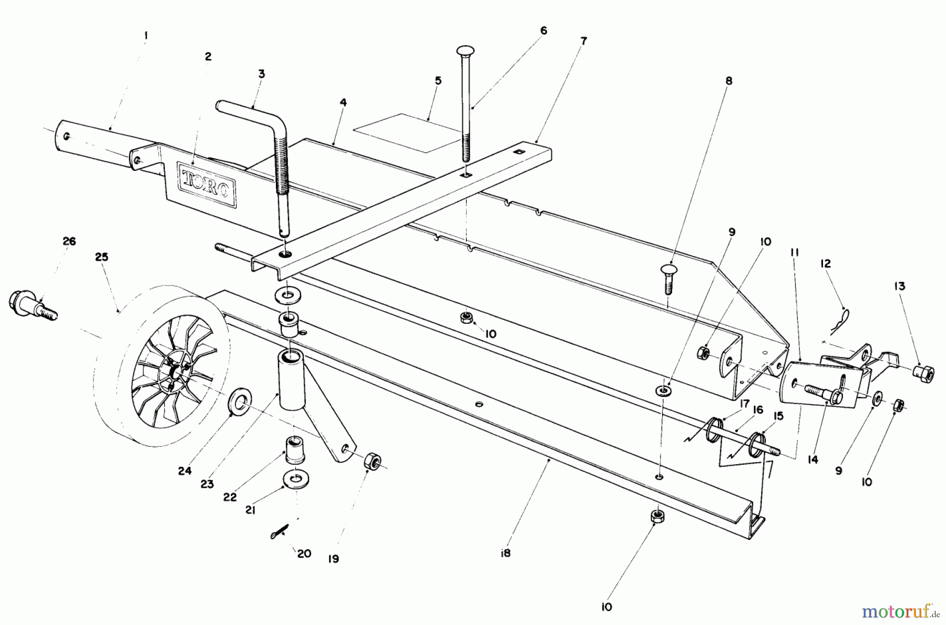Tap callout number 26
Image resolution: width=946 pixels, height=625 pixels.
pyautogui.click(x=69, y=241)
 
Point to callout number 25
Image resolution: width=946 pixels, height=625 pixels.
pyautogui.click(x=101, y=257)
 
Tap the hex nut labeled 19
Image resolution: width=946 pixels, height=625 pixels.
pyautogui.click(x=372, y=462)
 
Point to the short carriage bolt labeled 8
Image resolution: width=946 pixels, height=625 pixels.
pyautogui.click(x=667, y=279)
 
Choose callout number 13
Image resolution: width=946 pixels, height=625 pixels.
pyautogui.click(x=899, y=286)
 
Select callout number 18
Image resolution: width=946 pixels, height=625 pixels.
pyautogui.click(x=505, y=553)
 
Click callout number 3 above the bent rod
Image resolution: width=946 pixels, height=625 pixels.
pyautogui.click(x=261, y=74)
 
